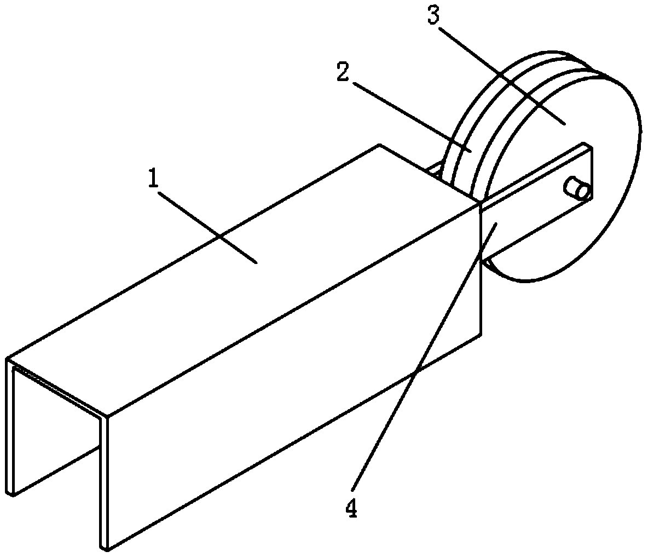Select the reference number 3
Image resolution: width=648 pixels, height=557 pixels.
433,17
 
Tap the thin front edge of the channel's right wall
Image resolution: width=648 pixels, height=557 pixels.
103,482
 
